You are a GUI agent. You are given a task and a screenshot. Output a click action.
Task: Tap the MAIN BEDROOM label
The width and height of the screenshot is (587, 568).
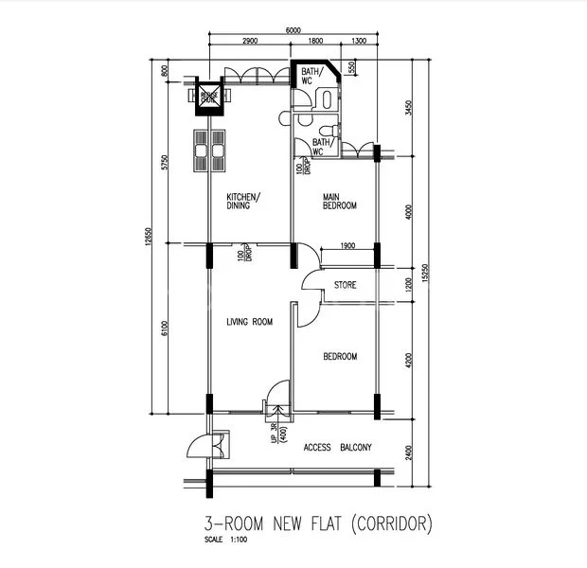click(x=339, y=201)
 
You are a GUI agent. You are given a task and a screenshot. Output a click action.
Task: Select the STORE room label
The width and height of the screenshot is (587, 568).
click(x=345, y=284)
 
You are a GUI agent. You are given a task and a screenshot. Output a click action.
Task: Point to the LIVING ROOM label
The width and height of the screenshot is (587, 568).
click(x=249, y=323)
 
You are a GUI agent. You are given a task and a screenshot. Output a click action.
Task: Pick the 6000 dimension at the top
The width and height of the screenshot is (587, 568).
click(x=293, y=30)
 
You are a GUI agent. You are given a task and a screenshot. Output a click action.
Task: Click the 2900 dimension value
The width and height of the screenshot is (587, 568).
click(x=250, y=43)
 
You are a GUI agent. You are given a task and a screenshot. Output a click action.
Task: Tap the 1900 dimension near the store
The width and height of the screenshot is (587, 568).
click(x=347, y=246)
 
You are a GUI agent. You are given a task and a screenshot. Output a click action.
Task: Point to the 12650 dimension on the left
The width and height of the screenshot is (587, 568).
click(x=149, y=241)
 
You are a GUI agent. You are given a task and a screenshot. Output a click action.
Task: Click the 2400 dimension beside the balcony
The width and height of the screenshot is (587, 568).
click(x=408, y=451)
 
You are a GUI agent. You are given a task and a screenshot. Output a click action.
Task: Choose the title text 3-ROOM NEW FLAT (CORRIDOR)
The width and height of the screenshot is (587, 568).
click(x=318, y=523)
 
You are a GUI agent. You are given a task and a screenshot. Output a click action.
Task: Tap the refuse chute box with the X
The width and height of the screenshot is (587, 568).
click(x=208, y=96)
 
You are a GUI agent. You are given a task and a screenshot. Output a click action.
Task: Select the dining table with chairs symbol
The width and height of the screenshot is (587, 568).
click(x=209, y=150)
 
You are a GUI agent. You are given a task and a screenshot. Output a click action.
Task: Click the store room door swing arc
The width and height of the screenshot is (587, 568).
click(x=311, y=279)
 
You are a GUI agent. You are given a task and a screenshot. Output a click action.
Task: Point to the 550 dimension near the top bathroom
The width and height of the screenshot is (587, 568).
click(x=351, y=68)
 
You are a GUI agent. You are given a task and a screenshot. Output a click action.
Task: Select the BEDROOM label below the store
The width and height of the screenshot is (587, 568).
click(x=340, y=357)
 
